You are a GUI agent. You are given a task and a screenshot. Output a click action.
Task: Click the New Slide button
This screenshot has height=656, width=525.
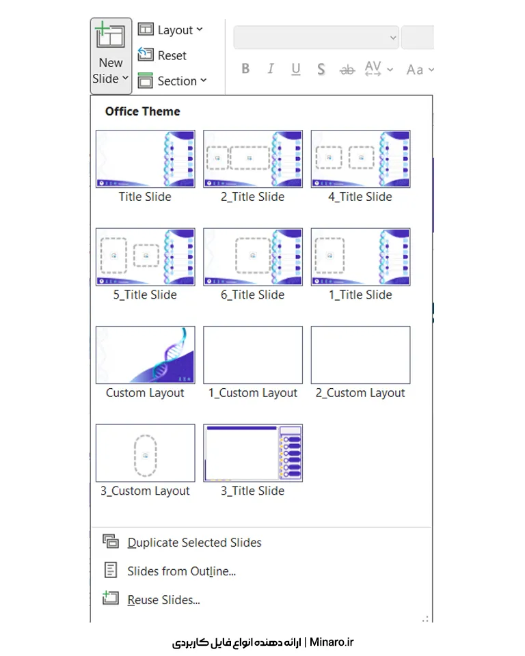point(111,55)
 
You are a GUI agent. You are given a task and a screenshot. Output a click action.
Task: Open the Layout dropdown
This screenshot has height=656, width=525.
point(170,29)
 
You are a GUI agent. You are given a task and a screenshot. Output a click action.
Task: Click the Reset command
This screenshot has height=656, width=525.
point(163,55)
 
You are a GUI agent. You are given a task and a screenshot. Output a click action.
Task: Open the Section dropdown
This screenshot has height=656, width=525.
point(172,81)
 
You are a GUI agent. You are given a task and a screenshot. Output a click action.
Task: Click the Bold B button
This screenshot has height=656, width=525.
point(246,68)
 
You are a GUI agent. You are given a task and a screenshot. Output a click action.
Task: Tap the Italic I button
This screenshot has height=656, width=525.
point(271,68)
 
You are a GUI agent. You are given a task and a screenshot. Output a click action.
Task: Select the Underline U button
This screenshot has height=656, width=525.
point(296,69)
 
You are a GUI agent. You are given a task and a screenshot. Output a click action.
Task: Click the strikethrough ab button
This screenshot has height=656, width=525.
point(347,70)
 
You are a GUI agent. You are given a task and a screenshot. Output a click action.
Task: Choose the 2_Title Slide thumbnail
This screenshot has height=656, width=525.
point(253,159)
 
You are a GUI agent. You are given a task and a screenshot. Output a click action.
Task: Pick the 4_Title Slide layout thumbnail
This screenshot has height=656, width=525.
point(360,159)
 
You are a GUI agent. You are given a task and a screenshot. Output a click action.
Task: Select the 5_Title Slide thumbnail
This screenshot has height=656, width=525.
point(146,257)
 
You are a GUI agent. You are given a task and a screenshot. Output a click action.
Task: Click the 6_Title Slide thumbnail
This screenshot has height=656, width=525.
point(253,257)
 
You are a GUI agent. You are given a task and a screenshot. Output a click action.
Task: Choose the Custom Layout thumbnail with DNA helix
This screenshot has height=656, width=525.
point(146,355)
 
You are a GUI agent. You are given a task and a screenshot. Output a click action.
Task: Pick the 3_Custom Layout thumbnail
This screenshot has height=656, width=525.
point(146,453)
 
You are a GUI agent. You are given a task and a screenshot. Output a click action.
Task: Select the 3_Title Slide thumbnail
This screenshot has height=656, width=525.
point(253,453)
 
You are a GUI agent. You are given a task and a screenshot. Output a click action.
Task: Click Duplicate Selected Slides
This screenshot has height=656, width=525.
point(194,542)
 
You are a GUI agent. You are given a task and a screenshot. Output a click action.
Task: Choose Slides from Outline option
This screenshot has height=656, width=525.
point(181,571)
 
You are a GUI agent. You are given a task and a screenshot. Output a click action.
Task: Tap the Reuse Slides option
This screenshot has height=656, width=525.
point(163,599)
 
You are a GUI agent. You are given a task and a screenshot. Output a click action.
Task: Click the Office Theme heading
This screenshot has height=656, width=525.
point(143,111)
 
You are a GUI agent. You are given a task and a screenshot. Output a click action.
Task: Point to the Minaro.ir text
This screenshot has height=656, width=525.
point(332,642)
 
